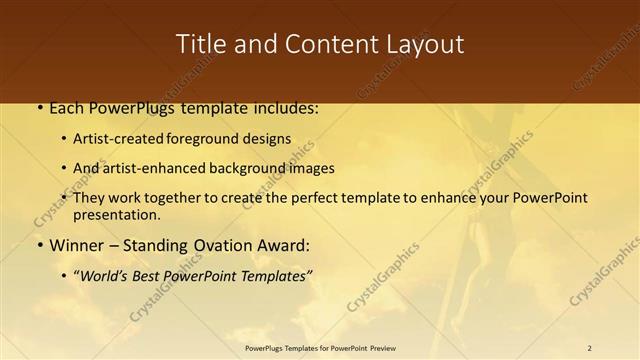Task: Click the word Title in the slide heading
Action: [201, 44]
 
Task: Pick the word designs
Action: [269, 139]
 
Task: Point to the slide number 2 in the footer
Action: [590, 348]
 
